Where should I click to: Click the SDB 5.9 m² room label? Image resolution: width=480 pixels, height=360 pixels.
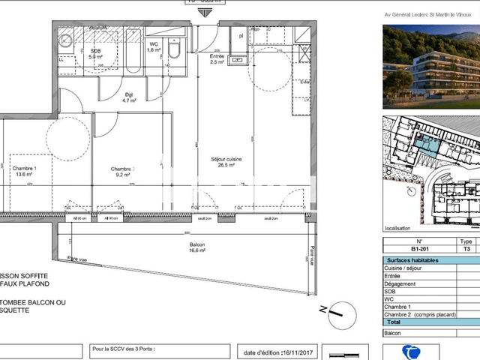(95, 53)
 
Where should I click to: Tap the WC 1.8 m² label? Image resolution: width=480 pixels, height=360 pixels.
(153, 47)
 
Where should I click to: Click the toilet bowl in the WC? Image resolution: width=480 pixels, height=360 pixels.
(173, 49)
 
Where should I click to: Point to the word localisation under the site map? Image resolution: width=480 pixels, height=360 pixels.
(398, 228)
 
